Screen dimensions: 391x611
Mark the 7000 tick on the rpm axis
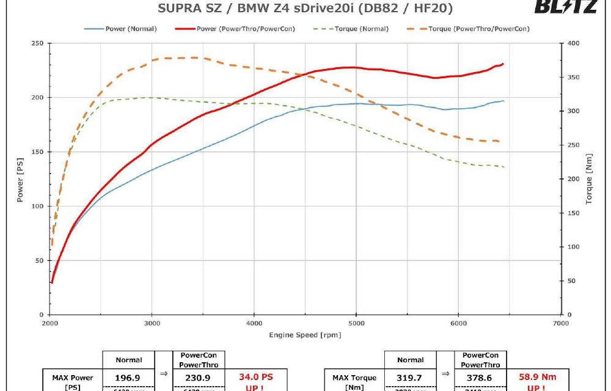(x=560, y=323)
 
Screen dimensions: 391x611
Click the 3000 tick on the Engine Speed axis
(x=153, y=323)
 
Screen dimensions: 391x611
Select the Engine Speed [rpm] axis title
(x=305, y=335)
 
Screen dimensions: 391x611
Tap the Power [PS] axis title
(x=20, y=178)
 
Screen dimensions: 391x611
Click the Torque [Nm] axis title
(x=589, y=178)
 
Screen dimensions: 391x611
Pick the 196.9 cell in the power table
(x=128, y=378)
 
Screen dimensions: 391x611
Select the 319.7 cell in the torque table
(x=410, y=378)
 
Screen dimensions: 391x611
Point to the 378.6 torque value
(x=480, y=378)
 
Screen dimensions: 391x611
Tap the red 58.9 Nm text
(x=538, y=378)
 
